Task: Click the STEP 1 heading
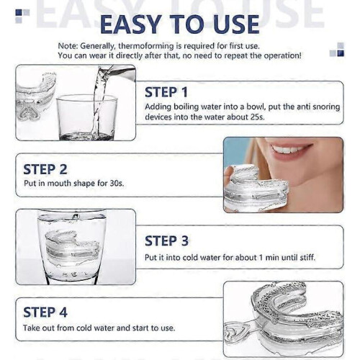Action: (x=166, y=92)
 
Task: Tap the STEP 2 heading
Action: (x=45, y=169)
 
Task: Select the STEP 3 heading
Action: (x=166, y=240)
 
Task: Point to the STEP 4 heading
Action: (x=45, y=312)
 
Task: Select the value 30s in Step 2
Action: (x=117, y=184)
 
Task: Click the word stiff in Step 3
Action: (x=307, y=258)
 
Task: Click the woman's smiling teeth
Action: (x=289, y=150)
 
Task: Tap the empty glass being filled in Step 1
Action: (x=86, y=117)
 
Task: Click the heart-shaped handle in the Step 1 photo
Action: (x=30, y=113)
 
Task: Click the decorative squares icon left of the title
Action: (x=22, y=16)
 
